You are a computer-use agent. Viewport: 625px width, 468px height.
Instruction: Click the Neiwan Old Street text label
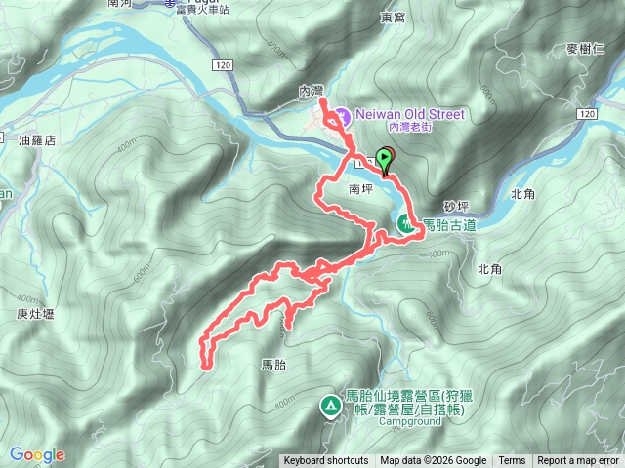coord(407,114)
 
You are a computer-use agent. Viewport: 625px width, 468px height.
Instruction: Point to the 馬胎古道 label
coord(448,225)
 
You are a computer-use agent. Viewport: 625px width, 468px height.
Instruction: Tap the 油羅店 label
coord(38,140)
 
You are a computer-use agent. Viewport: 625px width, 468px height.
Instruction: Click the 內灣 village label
coord(311,90)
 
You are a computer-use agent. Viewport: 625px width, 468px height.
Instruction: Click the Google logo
coord(37,454)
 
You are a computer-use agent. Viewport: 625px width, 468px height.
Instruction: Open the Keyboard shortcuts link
coord(326,461)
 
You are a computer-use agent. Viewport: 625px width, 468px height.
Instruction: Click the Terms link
coord(512,461)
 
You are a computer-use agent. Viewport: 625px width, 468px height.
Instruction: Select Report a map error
coord(579,461)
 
